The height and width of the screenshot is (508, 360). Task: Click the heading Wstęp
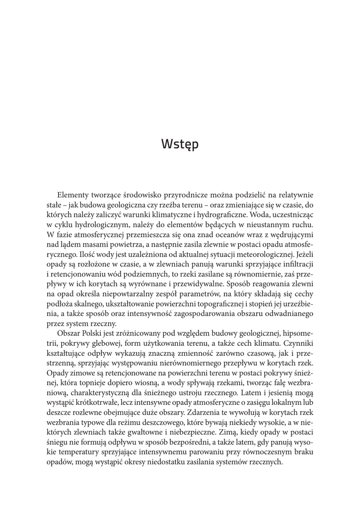(180, 145)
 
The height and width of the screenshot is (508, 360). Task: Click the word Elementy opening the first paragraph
(73, 195)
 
